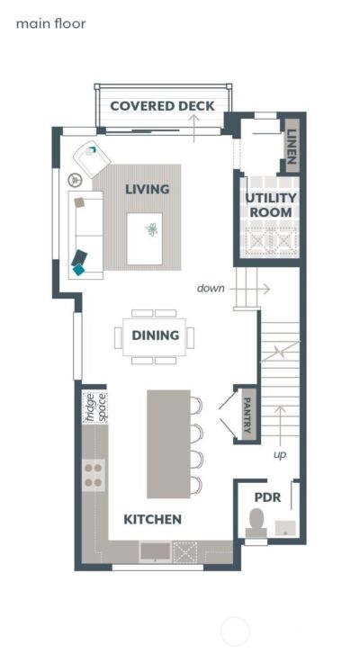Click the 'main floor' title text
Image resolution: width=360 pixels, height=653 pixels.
click(x=50, y=23)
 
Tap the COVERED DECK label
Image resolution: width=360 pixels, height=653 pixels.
click(x=162, y=106)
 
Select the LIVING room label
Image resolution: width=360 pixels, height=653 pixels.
click(x=148, y=190)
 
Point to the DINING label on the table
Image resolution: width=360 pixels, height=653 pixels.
click(x=155, y=336)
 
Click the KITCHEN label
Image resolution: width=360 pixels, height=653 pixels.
click(x=153, y=520)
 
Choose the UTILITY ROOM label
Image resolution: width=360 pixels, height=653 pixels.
click(x=270, y=205)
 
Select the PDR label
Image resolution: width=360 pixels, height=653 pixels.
click(x=268, y=496)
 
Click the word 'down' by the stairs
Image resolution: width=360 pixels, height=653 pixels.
click(x=211, y=289)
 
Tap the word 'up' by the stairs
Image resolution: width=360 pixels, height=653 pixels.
click(x=280, y=455)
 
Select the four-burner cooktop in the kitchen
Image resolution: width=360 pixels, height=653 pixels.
click(x=94, y=475)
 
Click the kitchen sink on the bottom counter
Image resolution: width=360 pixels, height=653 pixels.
click(x=154, y=550)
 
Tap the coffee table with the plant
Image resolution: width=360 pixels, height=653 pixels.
click(x=145, y=238)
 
